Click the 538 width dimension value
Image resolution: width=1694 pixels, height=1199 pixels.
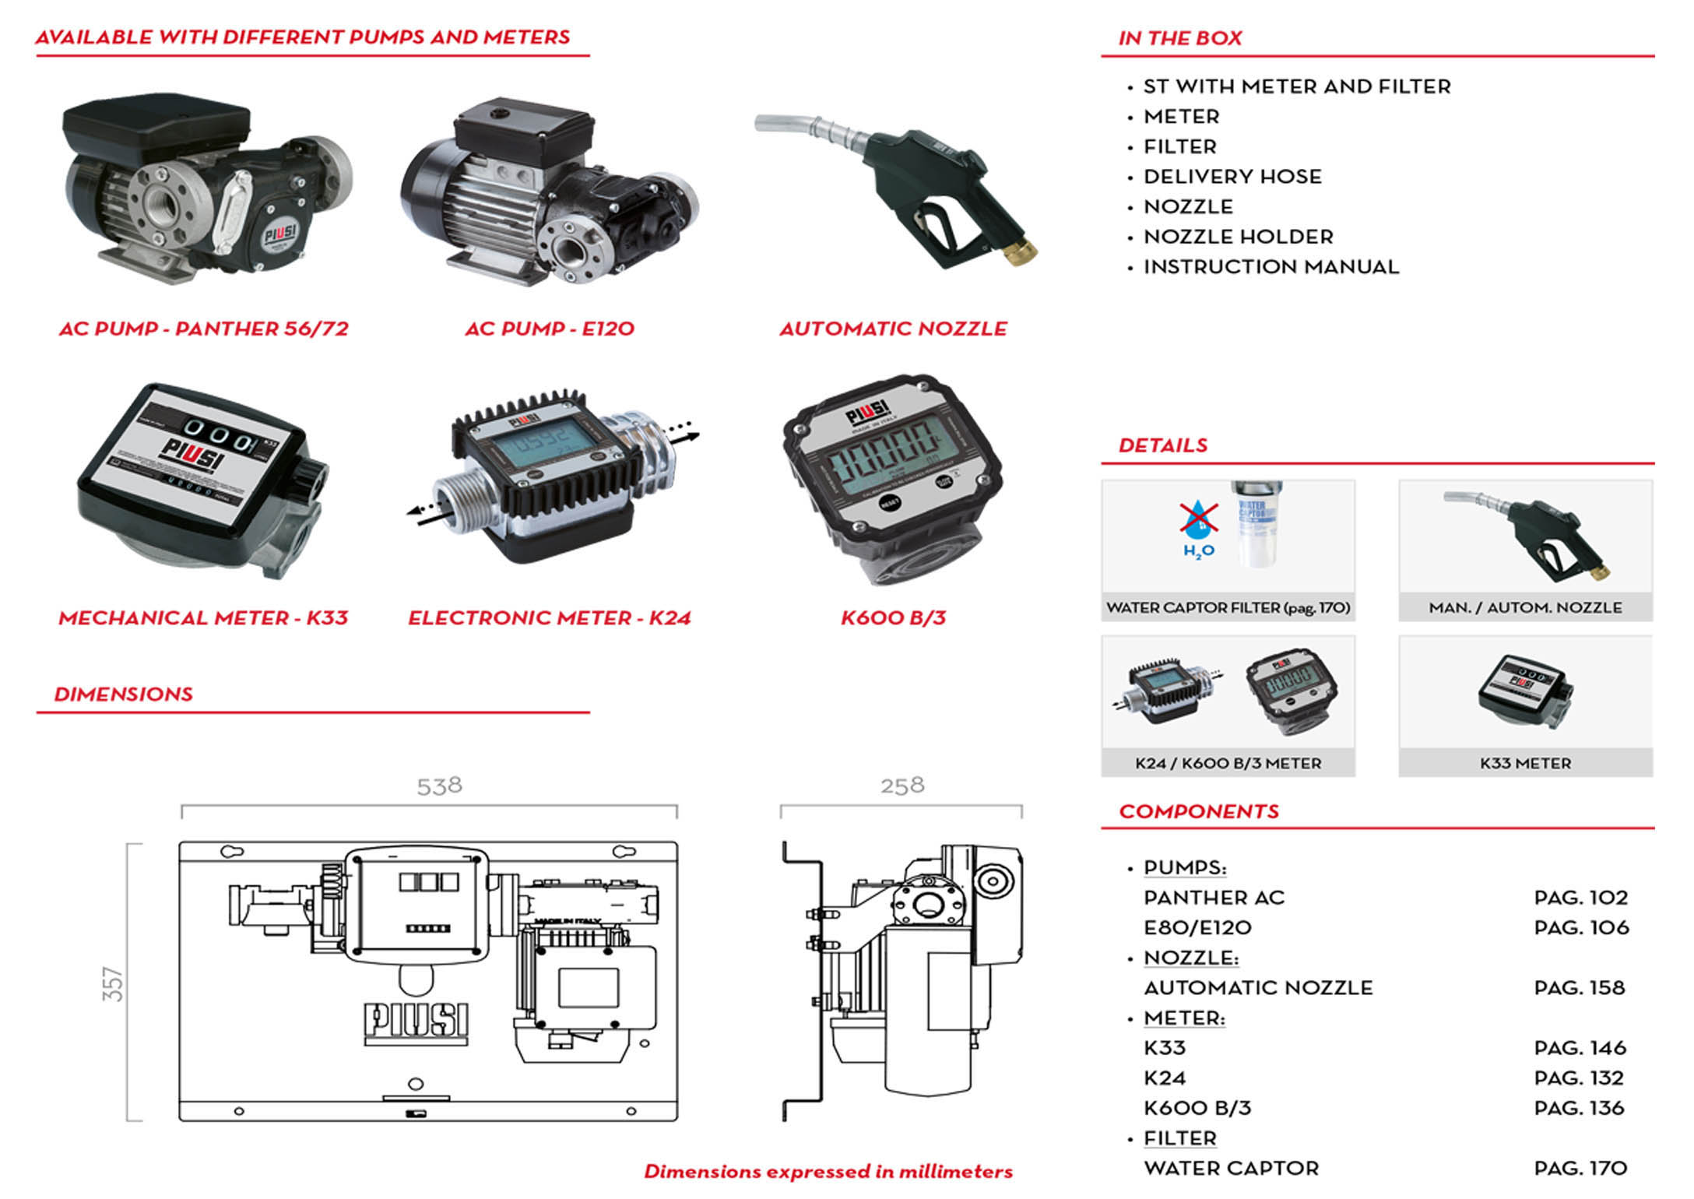(439, 786)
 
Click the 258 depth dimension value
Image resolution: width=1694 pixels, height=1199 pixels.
(902, 785)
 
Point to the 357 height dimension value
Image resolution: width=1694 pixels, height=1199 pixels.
(114, 983)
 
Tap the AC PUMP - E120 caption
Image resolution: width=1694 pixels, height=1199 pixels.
(550, 329)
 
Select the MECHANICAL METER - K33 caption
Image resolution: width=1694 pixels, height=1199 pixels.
(203, 618)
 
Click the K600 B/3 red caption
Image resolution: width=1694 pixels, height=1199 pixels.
(893, 618)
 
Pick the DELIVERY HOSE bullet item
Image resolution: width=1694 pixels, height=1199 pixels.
(1232, 177)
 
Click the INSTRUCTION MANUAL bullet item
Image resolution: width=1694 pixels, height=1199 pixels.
(1270, 267)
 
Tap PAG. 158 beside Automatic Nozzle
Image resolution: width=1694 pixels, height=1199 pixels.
(1579, 988)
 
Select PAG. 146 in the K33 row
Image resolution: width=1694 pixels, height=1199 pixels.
(1580, 1048)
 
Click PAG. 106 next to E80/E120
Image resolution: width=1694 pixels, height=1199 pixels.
(1581, 928)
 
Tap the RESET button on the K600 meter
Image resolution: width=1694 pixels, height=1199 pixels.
(890, 502)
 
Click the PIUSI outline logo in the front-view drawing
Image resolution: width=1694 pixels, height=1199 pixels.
(416, 1021)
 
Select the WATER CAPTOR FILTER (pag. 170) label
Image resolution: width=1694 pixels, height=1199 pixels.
(1228, 608)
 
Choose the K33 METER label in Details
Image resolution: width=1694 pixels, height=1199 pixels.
(1525, 764)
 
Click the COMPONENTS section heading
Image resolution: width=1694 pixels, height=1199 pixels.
(1198, 812)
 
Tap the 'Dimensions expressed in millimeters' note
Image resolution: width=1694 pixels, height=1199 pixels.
(828, 1172)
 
